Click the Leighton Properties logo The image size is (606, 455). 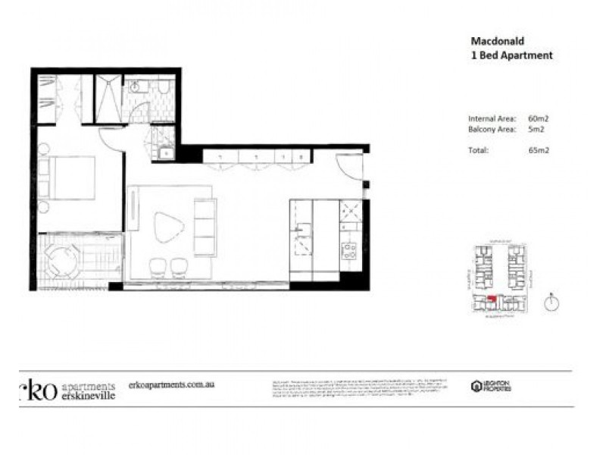(x=491, y=386)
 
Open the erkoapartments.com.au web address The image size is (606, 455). (x=173, y=384)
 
